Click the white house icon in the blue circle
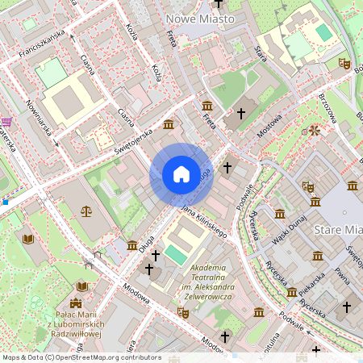coord(181,174)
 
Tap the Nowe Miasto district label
coord(199,18)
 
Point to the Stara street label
coord(260,53)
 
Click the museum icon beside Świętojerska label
coord(168,124)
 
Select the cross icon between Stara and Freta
coord(241,115)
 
